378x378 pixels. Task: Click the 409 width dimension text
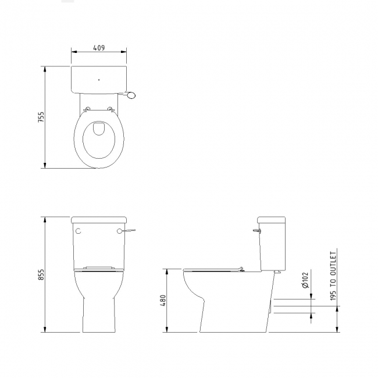coord(98,48)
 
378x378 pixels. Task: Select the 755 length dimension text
coord(41,117)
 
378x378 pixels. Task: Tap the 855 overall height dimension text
coord(41,275)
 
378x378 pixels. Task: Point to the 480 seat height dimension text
coord(163,301)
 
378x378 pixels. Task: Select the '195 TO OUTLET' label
coord(334,276)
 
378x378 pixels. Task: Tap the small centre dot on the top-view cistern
coord(99,80)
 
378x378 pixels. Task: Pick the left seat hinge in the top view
coord(88,109)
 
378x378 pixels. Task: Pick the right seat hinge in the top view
coord(110,109)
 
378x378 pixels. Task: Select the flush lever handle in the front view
coord(130,231)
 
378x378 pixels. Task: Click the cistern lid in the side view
coord(272,220)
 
